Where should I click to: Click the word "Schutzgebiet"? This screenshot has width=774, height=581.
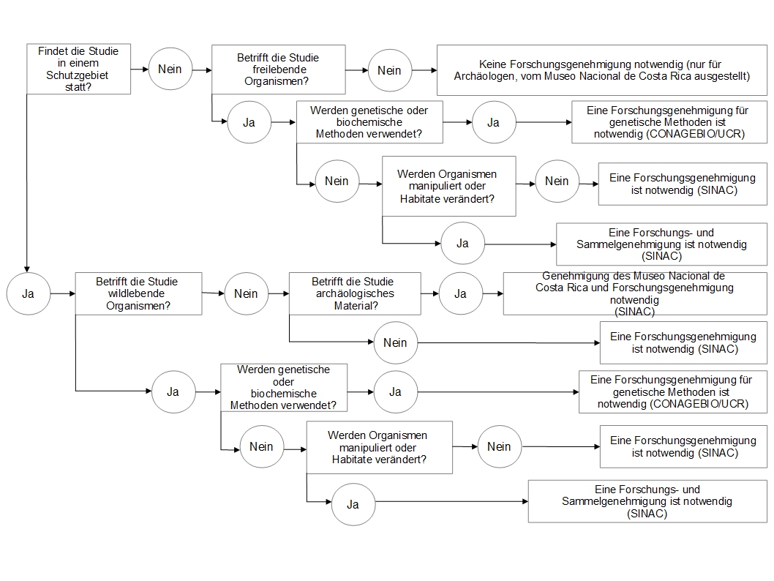(x=77, y=75)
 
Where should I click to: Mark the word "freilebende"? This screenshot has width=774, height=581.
(x=279, y=70)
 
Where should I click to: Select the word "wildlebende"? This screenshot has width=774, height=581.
(x=136, y=293)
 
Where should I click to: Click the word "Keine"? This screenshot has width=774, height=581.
(x=492, y=64)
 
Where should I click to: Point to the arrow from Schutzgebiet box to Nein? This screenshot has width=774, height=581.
(x=140, y=69)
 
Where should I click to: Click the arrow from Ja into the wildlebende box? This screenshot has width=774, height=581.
(x=63, y=293)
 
